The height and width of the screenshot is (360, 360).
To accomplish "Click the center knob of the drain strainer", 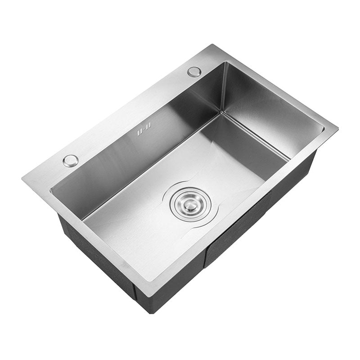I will pos(190,205).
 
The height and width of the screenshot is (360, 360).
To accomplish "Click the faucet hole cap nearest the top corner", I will pos(194,71).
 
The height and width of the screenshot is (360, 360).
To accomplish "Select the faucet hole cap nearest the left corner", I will pos(70,160).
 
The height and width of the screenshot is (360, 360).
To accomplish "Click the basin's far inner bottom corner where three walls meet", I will pos(220,112).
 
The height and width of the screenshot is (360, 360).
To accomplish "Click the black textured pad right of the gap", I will pos(238,229).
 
